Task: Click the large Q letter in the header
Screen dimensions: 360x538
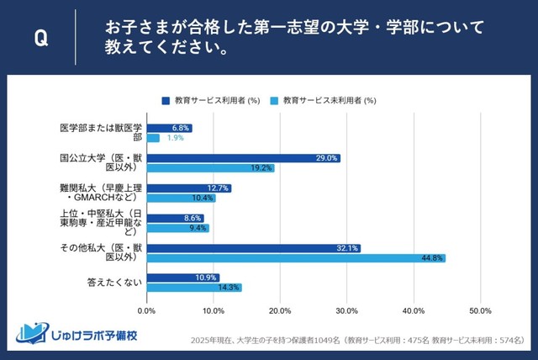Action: coord(40,38)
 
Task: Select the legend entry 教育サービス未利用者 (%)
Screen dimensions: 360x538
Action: coord(323,100)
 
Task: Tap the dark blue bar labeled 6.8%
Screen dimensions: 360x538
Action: coord(169,128)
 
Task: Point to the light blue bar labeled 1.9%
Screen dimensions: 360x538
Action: coord(153,138)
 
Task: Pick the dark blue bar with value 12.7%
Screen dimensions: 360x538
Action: coord(188,188)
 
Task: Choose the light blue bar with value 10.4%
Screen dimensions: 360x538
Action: coord(181,198)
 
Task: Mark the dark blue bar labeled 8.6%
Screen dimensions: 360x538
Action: coord(175,218)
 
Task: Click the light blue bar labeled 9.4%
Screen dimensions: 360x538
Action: coord(177,228)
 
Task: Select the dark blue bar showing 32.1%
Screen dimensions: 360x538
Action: coord(253,248)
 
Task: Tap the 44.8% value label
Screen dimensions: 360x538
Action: coord(433,258)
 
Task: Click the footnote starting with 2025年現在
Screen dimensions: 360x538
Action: coord(356,341)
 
